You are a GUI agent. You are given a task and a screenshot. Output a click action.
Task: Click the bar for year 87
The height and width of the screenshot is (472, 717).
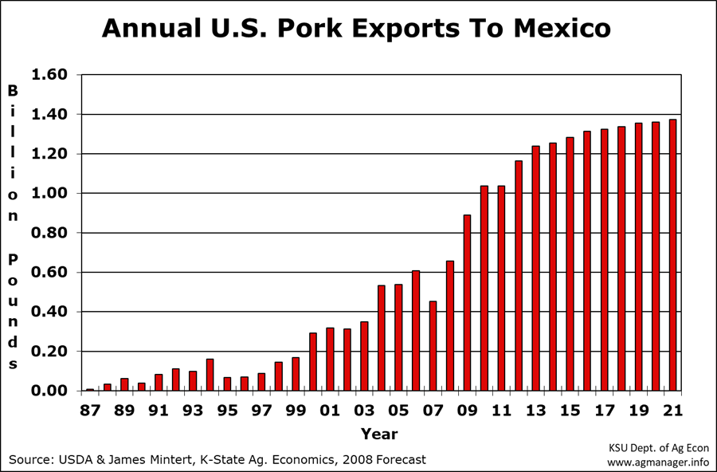tap(90, 389)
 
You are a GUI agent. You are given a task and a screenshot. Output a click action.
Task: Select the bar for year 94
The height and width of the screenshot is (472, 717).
tap(210, 375)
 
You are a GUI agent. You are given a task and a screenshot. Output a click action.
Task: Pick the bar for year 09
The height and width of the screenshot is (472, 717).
tap(467, 303)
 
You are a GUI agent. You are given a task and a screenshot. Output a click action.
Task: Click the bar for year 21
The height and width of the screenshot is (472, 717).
tap(672, 255)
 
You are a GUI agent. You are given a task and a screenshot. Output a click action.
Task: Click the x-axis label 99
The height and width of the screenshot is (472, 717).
tap(296, 411)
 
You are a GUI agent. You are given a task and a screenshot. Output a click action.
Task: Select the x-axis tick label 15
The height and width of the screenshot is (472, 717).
tap(570, 411)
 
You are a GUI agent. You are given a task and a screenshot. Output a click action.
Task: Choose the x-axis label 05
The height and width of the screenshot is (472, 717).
tap(398, 411)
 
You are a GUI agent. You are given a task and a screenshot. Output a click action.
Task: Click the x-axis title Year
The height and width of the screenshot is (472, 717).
tap(378, 434)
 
